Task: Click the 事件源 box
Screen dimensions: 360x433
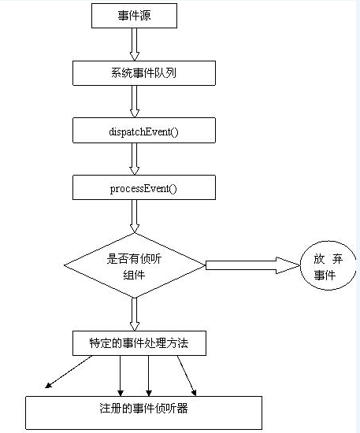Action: pos(134,16)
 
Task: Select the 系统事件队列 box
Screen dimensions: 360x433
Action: pos(144,73)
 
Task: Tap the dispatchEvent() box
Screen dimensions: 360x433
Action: pos(144,131)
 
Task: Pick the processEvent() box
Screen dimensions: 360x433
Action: pos(144,187)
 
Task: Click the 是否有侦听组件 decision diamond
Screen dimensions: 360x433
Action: pos(135,265)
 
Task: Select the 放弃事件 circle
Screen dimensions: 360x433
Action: pos(328,265)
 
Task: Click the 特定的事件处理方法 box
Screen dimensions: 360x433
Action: pos(139,343)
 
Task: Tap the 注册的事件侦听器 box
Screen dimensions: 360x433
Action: pos(143,413)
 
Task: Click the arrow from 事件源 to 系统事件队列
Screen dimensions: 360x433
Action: pos(135,44)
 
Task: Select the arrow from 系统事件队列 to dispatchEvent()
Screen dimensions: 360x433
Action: pos(135,102)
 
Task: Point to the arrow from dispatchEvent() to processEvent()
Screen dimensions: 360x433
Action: pos(135,159)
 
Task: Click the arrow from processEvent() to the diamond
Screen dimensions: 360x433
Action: pos(135,216)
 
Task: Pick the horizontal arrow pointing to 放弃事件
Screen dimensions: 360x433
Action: pos(253,265)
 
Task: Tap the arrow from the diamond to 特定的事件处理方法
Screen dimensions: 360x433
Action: pos(135,315)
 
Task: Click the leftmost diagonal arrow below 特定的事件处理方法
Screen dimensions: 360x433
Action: pos(69,372)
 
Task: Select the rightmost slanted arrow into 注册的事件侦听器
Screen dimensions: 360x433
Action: pos(187,376)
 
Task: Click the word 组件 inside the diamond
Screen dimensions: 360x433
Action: pos(134,275)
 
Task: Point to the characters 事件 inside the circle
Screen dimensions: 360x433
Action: pos(325,275)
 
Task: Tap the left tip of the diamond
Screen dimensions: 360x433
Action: pos(64,265)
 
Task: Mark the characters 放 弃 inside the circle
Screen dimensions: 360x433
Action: pos(328,259)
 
